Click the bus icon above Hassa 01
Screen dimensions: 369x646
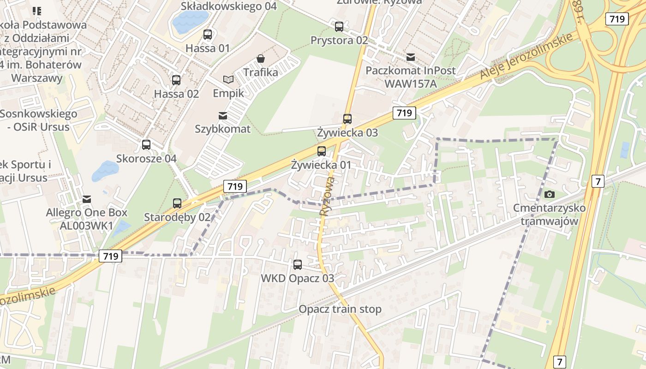coord(208,34)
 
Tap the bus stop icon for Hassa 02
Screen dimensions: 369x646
coord(176,80)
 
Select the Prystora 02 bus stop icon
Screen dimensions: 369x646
coord(339,27)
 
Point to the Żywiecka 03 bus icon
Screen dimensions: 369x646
coord(347,119)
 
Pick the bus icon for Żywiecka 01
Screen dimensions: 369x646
coord(322,151)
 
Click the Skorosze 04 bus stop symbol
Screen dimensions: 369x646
coord(146,144)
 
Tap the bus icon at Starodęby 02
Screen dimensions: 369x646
coord(177,203)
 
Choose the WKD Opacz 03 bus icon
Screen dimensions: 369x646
coord(298,265)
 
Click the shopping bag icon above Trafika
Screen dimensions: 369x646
coord(261,59)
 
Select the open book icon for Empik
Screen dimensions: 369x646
coord(228,79)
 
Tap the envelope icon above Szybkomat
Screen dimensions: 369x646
coord(223,115)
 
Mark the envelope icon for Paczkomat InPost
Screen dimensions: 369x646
coord(411,57)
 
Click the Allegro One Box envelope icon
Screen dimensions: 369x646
coord(86,199)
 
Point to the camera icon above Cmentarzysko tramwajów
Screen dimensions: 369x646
coord(550,195)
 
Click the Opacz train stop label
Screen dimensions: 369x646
coord(340,309)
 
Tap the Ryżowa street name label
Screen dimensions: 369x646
coord(326,196)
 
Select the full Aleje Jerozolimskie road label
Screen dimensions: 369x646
coord(526,56)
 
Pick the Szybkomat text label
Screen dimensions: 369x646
coord(223,129)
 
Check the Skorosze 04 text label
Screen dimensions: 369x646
coord(146,159)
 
